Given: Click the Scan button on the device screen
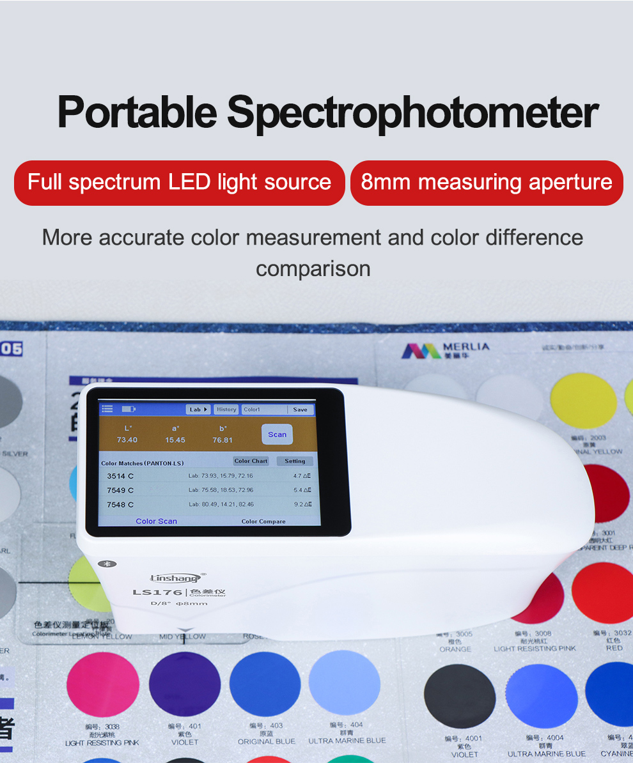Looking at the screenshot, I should coord(277,435).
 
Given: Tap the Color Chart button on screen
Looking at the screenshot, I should coord(251,461).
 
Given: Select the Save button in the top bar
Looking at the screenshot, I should coord(300,410).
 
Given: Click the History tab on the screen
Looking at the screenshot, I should coord(226,410).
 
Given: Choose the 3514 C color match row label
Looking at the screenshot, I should coord(120,476).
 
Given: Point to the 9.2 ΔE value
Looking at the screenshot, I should coord(302,504).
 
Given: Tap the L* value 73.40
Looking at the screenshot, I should coord(127,440).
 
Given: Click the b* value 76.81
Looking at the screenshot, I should coord(223,440).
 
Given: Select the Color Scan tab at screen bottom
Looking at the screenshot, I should coord(157,521).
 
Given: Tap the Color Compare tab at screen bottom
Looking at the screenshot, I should coord(263,521).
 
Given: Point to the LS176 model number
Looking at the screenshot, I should coord(157,592).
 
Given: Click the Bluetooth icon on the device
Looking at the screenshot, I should coord(107,564).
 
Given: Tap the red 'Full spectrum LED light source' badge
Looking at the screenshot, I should coord(179,183).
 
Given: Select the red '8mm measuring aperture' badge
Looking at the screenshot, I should coord(487,183).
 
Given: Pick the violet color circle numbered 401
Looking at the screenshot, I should coord(185,684).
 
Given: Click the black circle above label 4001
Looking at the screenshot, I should coord(459,696).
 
